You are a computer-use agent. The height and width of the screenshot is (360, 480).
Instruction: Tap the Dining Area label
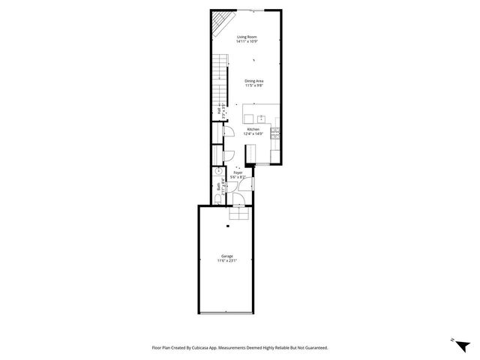tap(253, 80)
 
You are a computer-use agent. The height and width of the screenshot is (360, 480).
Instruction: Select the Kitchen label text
tap(253, 129)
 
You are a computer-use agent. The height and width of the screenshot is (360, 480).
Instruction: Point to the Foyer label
tap(238, 172)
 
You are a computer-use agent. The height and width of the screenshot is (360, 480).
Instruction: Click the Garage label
tap(227, 256)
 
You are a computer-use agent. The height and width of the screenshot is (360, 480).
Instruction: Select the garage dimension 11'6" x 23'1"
tap(227, 261)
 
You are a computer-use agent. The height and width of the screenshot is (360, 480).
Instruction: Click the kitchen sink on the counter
tap(260, 118)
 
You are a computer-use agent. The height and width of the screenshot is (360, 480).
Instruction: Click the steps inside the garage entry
tap(240, 213)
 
